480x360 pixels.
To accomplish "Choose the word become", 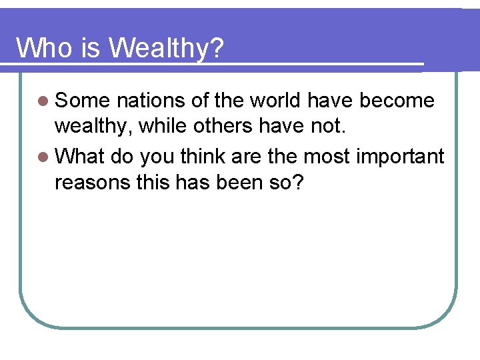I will (x=397, y=101).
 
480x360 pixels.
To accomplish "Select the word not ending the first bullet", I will (x=330, y=127).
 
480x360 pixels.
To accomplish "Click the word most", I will (x=326, y=156).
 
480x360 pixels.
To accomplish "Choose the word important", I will (x=400, y=157).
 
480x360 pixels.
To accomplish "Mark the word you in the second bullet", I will (x=157, y=157).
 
